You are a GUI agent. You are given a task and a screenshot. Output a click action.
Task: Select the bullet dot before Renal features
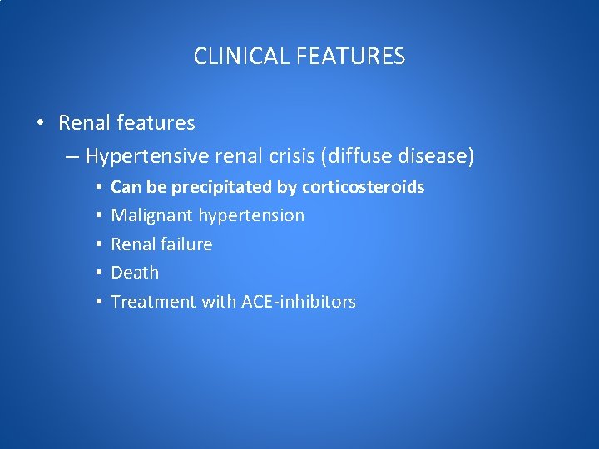pyautogui.click(x=41, y=124)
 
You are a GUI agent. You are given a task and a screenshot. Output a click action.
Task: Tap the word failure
pyautogui.click(x=186, y=244)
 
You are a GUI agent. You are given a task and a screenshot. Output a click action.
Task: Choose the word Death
pyautogui.click(x=135, y=273)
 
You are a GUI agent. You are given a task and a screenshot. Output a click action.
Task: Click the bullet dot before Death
pyautogui.click(x=98, y=273)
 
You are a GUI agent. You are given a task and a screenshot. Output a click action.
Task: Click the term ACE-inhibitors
pyautogui.click(x=299, y=302)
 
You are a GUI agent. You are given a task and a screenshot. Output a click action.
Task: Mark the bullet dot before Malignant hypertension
pyautogui.click(x=98, y=215)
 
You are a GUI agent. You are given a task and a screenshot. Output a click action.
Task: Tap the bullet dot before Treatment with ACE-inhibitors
pyautogui.click(x=98, y=302)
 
